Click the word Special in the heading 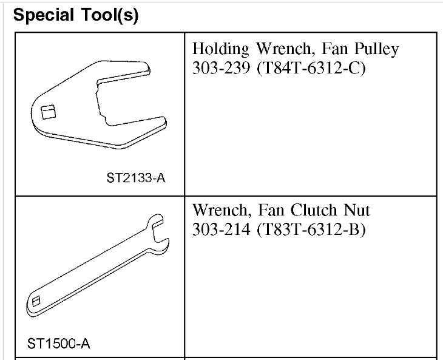(x=44, y=15)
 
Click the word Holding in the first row (x=221, y=49)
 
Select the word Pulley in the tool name (x=377, y=49)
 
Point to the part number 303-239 (x=221, y=68)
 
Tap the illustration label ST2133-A (x=136, y=178)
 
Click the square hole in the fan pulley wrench (x=49, y=112)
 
